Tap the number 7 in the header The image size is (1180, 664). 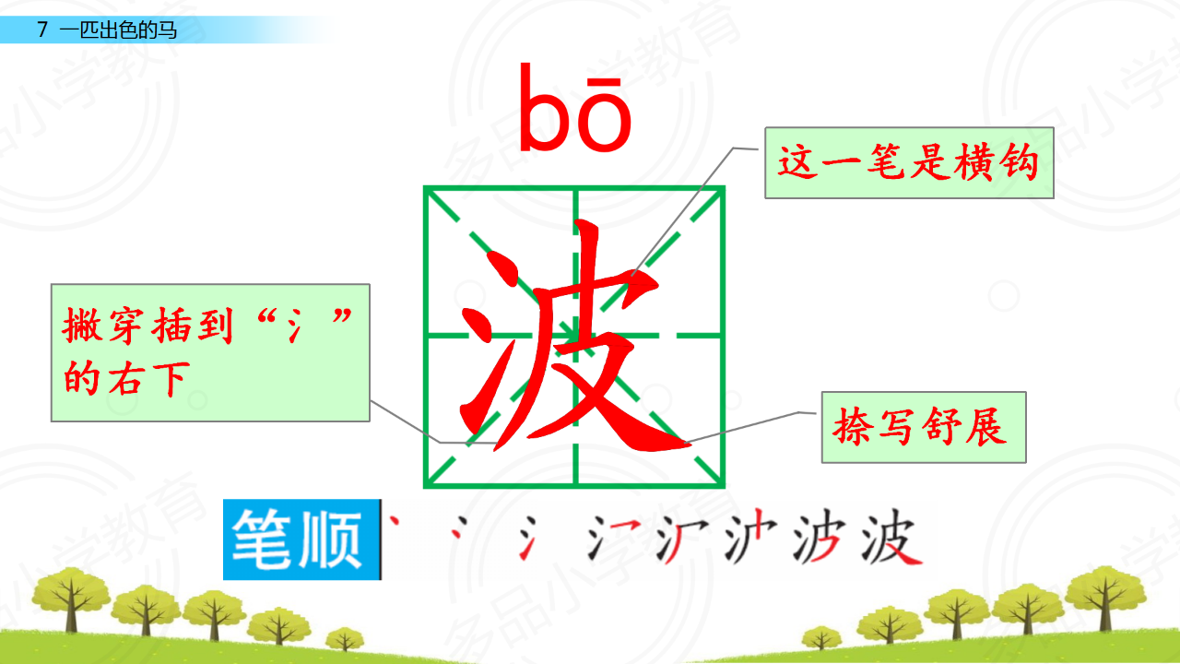[x=42, y=30]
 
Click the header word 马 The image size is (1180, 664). [x=167, y=30]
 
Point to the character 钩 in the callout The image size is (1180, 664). [x=1020, y=162]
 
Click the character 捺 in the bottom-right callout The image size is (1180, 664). [x=853, y=427]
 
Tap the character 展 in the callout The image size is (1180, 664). [x=986, y=427]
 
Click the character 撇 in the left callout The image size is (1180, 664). [x=82, y=326]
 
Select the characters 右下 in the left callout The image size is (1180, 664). [x=148, y=378]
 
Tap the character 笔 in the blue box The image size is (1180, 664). [x=261, y=539]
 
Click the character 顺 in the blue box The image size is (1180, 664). [x=331, y=539]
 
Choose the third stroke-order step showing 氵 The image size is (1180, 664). [x=527, y=538]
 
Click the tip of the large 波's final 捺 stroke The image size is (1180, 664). [x=689, y=445]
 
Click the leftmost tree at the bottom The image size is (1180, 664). [x=71, y=599]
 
